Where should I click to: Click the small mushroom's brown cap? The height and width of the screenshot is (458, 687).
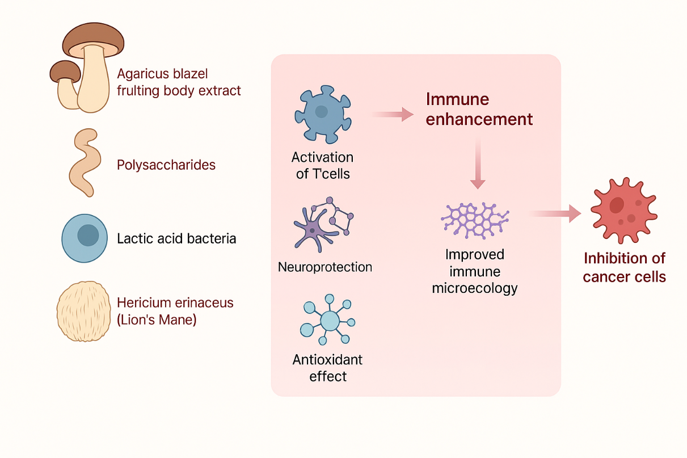tap(65, 70)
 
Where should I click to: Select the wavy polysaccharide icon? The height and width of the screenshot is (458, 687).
tap(85, 162)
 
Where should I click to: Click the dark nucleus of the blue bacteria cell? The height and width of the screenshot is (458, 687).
tap(88, 234)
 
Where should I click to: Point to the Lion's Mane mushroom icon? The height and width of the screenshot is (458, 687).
tap(84, 312)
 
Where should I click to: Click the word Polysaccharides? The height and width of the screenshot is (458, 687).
tap(166, 165)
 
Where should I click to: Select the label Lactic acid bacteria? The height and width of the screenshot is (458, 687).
tap(176, 238)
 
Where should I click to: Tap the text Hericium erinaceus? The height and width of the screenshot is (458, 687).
tap(175, 302)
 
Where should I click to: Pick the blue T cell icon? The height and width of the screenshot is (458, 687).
tap(322, 114)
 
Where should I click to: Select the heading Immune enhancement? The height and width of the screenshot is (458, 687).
tap(479, 109)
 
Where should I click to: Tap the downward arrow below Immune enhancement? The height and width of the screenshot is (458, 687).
tap(478, 164)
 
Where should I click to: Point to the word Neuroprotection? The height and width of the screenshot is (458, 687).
tap(325, 267)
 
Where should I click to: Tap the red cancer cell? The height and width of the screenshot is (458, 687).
tap(623, 209)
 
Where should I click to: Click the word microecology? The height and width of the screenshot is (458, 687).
tap(475, 288)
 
